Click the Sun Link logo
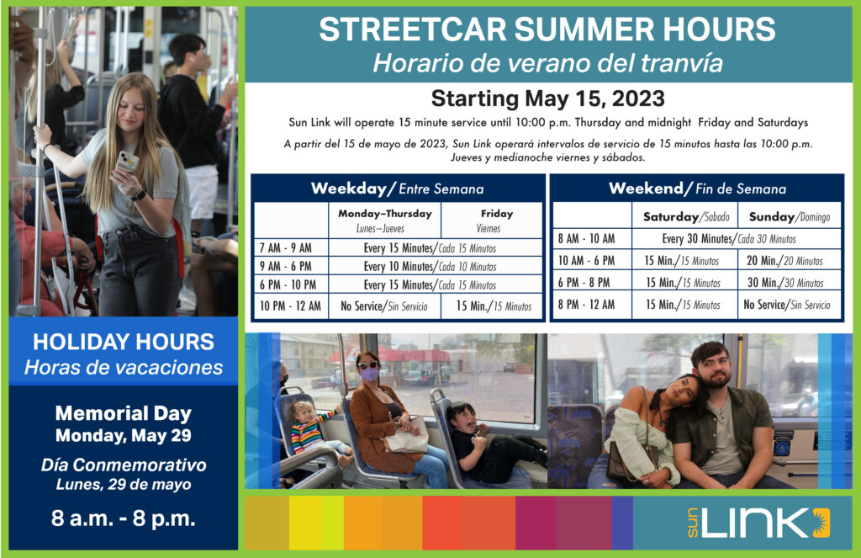click(758, 523)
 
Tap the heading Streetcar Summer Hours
click(547, 29)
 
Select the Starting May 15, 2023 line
click(548, 98)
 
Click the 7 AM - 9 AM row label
click(286, 248)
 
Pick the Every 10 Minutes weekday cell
click(430, 267)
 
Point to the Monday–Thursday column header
click(384, 220)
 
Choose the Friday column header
click(496, 220)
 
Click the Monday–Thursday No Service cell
click(383, 306)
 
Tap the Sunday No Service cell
click(787, 305)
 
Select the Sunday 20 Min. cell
click(784, 261)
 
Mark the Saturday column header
click(686, 216)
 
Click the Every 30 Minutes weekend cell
click(729, 238)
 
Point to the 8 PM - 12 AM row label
click(586, 305)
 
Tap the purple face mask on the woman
click(369, 375)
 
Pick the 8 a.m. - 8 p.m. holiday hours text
click(123, 518)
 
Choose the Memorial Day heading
click(123, 413)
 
